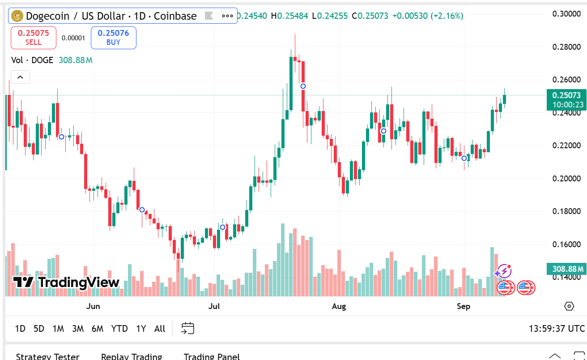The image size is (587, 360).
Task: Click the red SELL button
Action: pos(34,38)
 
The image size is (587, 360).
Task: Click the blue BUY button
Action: pos(113,38)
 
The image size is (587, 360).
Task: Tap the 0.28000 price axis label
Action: pos(566,47)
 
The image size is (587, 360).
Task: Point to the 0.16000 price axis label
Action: pos(566,244)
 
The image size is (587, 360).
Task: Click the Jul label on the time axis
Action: pos(214,306)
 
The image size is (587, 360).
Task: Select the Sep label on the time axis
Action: pos(464,306)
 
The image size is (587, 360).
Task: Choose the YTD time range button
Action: pos(119,329)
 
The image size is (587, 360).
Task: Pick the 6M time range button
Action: pos(97,329)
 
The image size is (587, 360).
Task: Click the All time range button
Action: pos(160,329)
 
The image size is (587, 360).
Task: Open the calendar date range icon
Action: pos(187,328)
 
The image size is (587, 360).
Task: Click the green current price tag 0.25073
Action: pos(566,95)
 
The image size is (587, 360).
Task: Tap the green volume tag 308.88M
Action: pos(566,269)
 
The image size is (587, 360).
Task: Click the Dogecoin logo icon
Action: pos(17,16)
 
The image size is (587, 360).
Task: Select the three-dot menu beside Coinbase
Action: pos(227,16)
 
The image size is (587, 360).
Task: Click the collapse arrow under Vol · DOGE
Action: pos(20,77)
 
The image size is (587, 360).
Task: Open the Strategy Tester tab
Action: pos(47,356)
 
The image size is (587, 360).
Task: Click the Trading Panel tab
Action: pos(212,356)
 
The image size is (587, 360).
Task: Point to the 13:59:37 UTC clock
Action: pos(557,329)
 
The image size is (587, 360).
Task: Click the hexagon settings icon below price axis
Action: pos(569,306)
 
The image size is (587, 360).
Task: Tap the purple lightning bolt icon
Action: pos(504,271)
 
